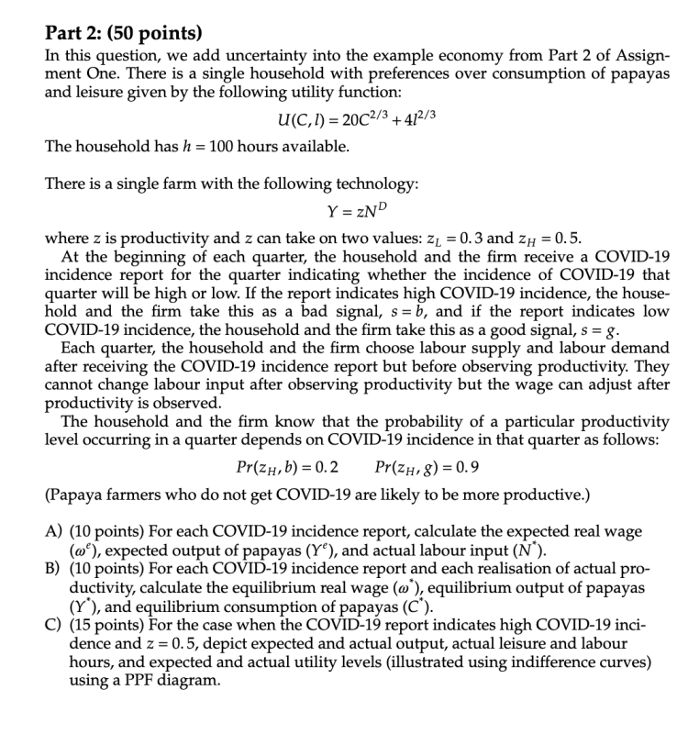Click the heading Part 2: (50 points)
tap(123, 34)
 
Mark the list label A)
tap(55, 532)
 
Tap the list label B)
tap(55, 569)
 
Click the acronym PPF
tap(133, 680)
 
